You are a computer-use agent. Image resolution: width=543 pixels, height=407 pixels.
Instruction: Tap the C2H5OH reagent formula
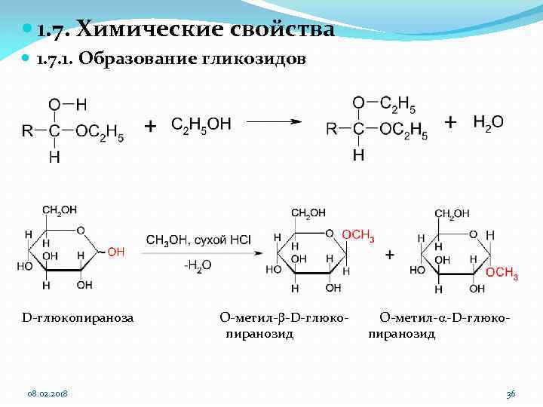click(201, 124)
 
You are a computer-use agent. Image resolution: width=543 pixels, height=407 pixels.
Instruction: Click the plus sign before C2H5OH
click(151, 126)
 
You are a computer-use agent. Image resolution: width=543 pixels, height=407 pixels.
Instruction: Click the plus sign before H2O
click(451, 122)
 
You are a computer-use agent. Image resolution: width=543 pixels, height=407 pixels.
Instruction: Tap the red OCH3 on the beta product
click(358, 236)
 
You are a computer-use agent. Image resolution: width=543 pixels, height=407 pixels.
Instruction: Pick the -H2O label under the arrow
click(198, 265)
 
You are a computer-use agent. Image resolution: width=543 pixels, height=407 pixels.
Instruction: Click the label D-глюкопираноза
click(78, 318)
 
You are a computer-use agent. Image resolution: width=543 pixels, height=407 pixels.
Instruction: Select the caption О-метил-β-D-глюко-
click(284, 318)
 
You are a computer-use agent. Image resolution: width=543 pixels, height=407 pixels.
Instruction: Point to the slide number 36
click(511, 394)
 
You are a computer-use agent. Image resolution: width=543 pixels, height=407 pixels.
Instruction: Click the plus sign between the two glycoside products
click(389, 255)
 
